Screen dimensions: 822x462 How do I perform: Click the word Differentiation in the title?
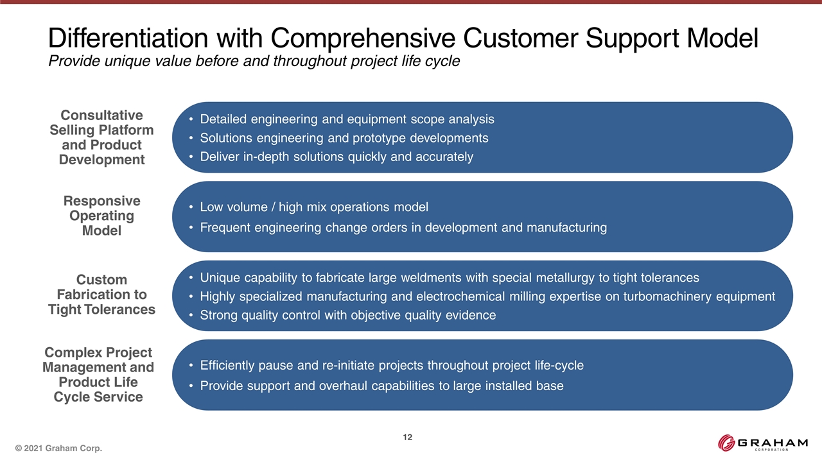click(x=128, y=38)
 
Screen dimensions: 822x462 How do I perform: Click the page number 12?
click(x=407, y=437)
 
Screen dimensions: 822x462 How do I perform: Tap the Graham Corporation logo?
click(x=762, y=443)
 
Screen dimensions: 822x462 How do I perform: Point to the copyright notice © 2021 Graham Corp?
click(x=58, y=448)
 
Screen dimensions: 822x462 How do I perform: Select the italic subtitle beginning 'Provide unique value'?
click(x=254, y=61)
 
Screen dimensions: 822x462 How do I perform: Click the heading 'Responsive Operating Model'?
click(x=101, y=216)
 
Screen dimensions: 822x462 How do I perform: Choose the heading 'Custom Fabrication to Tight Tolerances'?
click(x=101, y=295)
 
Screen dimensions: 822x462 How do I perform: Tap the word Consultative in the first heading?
click(x=101, y=115)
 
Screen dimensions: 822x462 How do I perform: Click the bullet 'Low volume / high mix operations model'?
click(x=314, y=207)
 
